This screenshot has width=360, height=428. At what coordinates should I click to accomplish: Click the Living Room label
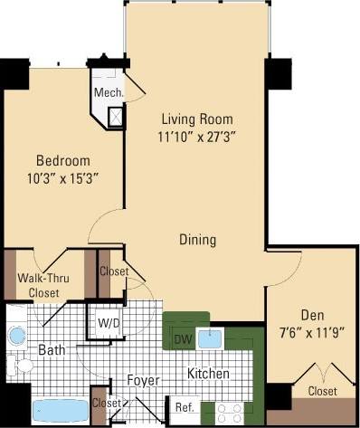(197, 119)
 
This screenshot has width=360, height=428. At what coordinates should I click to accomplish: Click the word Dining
(197, 240)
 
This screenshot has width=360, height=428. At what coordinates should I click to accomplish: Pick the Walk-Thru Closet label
(41, 285)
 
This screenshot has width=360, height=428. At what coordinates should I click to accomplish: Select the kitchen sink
(210, 339)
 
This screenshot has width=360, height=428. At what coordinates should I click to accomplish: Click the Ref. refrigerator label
(185, 406)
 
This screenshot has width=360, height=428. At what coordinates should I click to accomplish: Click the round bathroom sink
(17, 336)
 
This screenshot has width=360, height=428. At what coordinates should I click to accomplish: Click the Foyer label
(143, 380)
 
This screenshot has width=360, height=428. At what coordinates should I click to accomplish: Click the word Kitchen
(208, 373)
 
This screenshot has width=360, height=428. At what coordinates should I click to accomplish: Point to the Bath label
(50, 349)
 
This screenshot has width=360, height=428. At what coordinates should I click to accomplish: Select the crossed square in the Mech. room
(116, 115)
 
